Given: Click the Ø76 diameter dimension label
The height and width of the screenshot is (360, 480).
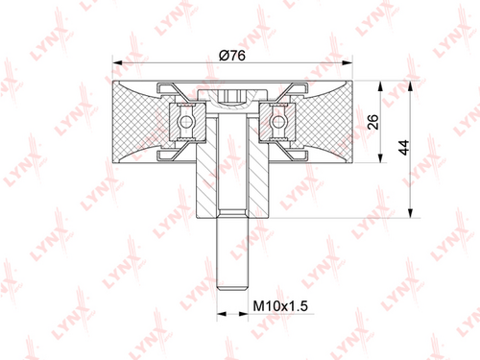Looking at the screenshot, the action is (232, 56).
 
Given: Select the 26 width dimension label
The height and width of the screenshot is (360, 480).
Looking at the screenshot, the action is (372, 122).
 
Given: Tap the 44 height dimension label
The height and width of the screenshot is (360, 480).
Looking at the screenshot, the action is (404, 148).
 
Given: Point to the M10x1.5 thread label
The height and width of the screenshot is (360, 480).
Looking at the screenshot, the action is (280, 306).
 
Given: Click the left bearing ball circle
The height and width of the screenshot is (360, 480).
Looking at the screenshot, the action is (185, 122).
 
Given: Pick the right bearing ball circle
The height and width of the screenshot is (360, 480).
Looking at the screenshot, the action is (278, 122).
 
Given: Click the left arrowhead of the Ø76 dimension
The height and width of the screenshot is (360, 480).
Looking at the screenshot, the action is (118, 62).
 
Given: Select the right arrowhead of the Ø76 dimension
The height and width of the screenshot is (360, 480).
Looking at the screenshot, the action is (347, 62).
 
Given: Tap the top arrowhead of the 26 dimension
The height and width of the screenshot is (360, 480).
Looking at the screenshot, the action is (380, 86).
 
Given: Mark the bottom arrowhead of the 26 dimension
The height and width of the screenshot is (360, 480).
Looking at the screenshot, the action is (380, 157).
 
